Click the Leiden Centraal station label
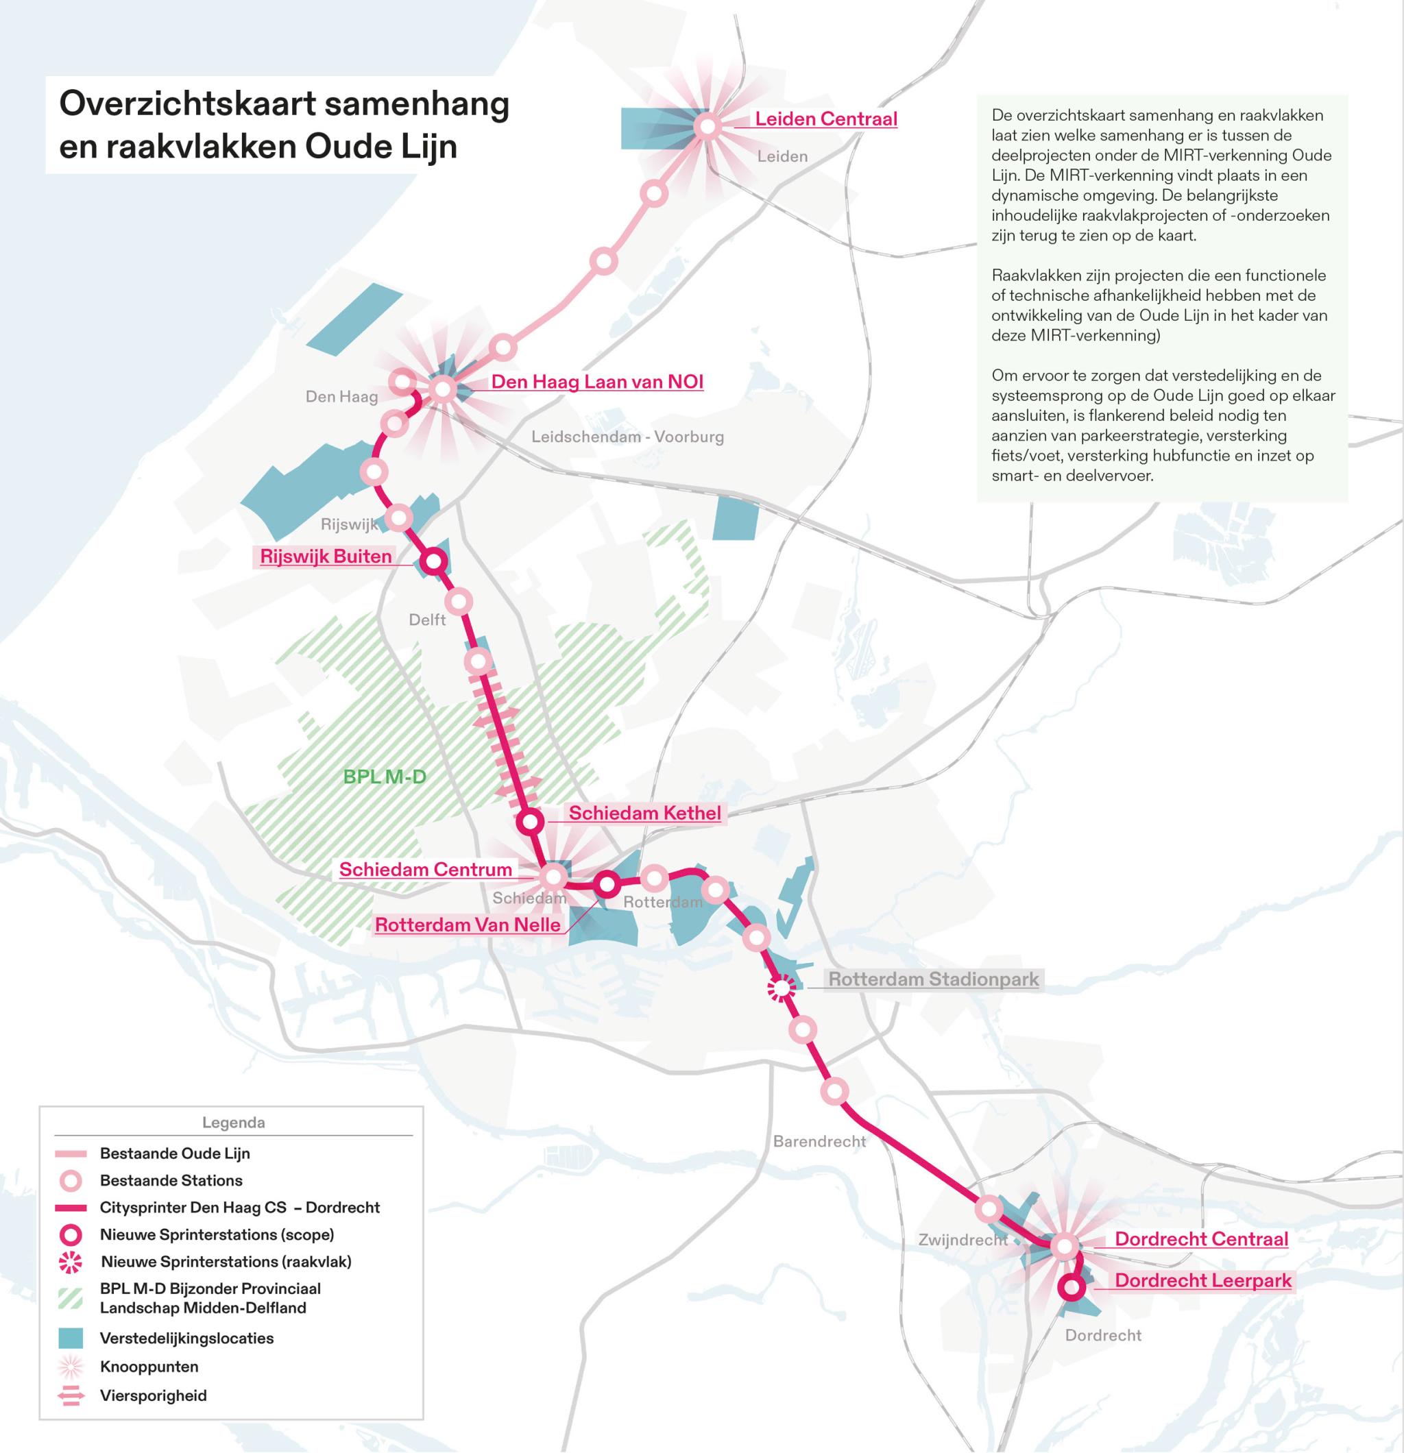coord(825,119)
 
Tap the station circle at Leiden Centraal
coord(707,127)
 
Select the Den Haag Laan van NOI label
coord(597,382)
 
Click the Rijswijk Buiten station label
coord(326,556)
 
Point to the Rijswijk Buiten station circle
coord(434,562)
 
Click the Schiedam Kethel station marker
coord(529,821)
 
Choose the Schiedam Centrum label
coord(426,869)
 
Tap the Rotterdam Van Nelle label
coord(468,925)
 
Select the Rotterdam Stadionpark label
coord(933,979)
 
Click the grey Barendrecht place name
coord(819,1141)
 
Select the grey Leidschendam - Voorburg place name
coord(627,437)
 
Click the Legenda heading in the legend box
coord(234,1123)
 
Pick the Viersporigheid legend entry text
coord(154,1395)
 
